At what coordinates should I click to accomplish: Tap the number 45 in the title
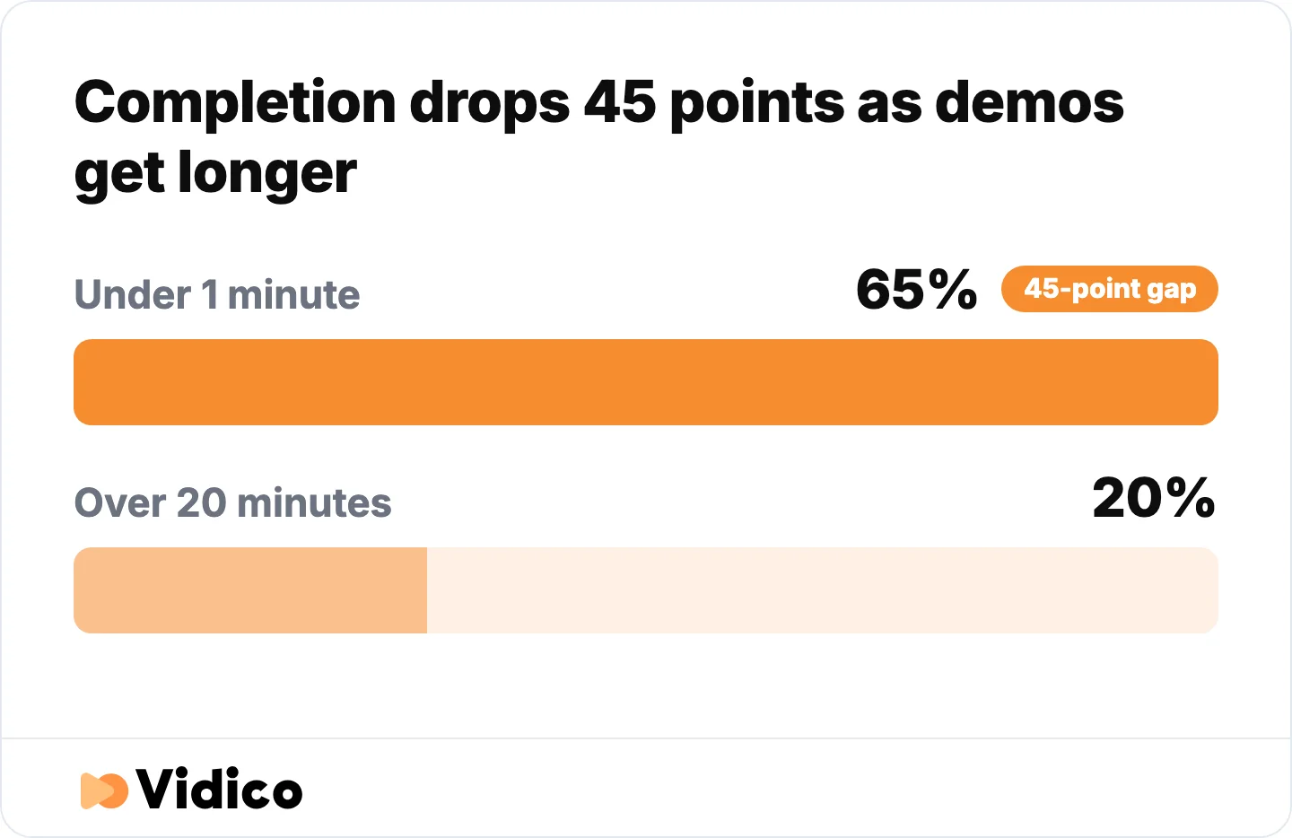click(x=620, y=102)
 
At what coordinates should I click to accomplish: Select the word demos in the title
click(x=1029, y=102)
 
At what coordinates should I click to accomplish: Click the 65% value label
click(x=917, y=290)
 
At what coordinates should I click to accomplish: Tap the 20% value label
click(x=1154, y=497)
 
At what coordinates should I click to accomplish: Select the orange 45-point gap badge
click(x=1109, y=289)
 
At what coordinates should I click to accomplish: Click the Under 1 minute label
click(x=217, y=294)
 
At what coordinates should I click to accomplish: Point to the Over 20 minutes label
click(x=233, y=502)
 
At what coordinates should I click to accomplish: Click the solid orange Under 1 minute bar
click(x=645, y=382)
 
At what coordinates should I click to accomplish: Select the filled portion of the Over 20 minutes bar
click(x=250, y=590)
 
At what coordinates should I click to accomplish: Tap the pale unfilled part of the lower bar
click(x=823, y=590)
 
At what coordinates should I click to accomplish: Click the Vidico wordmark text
click(x=219, y=789)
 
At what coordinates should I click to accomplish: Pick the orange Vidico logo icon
click(x=104, y=790)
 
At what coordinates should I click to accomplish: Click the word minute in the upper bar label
click(x=293, y=294)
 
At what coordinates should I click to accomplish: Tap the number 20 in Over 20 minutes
click(x=201, y=502)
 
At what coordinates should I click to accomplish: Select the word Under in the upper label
click(x=133, y=294)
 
